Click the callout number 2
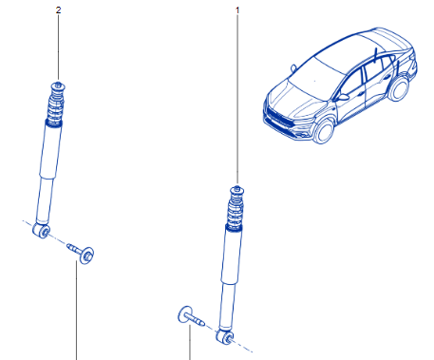tap(58, 10)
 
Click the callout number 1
tap(237, 10)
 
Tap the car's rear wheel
tap(398, 89)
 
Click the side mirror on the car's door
tap(342, 97)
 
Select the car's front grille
tap(277, 117)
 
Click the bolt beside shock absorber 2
tap(81, 252)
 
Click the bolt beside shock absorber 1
tap(190, 316)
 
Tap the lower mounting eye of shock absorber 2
tap(42, 231)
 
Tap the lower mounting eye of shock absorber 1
tap(225, 336)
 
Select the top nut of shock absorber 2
tap(58, 85)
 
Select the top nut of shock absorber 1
tap(237, 189)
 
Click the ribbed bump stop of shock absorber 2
tap(55, 106)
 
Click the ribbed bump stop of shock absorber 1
tap(235, 211)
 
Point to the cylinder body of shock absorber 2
tap(49, 173)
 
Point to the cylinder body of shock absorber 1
tap(231, 278)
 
